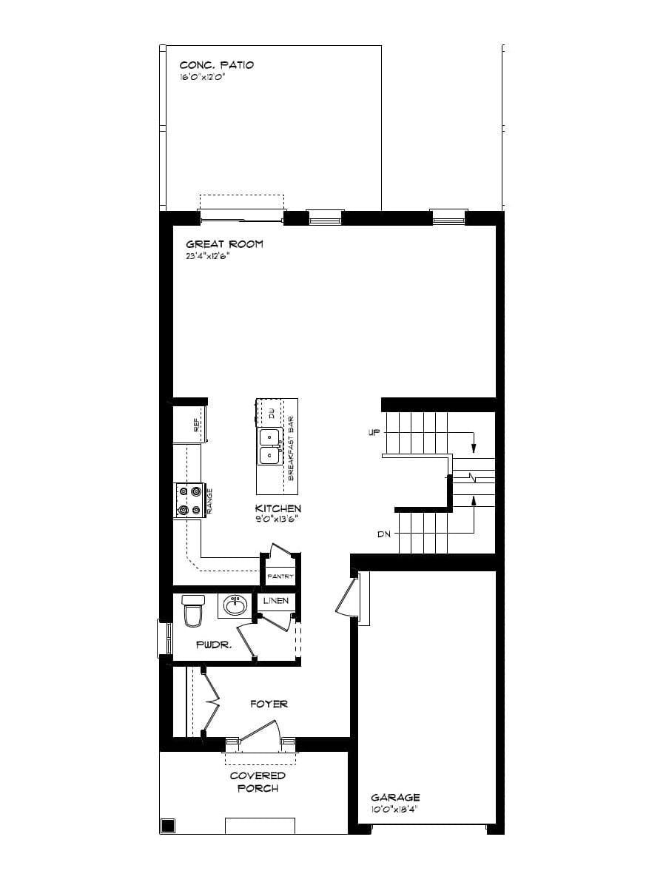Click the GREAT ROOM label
(224, 244)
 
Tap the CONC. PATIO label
(216, 65)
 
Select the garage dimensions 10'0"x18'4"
(395, 810)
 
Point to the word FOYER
(269, 704)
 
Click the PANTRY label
(280, 576)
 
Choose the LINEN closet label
(276, 600)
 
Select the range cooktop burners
(188, 499)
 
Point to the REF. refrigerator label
(197, 425)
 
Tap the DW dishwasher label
(272, 413)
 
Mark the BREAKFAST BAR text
(291, 448)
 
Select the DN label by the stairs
(383, 534)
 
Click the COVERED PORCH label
(258, 781)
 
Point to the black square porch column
(168, 825)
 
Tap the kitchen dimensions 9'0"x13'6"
(277, 519)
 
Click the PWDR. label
(214, 645)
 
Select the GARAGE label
(395, 797)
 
